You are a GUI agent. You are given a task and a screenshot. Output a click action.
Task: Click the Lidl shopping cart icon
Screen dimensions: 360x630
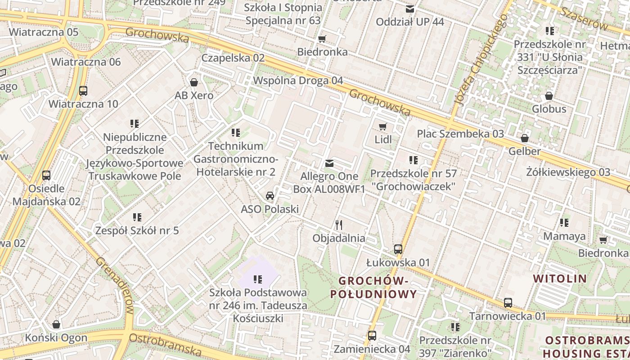[383, 127]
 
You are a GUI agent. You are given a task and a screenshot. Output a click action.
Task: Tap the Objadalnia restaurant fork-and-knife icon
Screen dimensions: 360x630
[339, 225]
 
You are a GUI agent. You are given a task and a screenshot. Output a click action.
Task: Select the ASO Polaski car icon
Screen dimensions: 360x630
[270, 196]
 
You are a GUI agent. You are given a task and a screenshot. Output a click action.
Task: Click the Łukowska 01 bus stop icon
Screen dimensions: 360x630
[398, 249]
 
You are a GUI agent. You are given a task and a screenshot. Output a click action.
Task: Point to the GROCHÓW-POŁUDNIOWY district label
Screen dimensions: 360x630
[373, 288]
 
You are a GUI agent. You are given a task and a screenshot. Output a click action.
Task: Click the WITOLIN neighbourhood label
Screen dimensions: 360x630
[560, 279]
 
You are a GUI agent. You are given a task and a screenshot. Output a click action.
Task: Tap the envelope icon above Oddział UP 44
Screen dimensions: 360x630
[409, 9]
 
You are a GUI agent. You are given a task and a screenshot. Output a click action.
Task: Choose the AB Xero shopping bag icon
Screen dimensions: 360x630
[194, 82]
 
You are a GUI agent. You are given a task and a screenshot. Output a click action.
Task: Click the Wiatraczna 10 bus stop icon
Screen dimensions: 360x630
[83, 90]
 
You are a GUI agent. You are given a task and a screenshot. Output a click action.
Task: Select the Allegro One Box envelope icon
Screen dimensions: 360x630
[329, 163]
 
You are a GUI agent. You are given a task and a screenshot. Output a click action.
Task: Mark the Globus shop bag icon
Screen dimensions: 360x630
[549, 96]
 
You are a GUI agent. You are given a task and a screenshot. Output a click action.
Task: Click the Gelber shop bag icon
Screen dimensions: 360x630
[524, 138]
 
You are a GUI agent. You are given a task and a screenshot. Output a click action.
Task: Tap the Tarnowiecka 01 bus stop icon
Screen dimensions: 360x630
[508, 303]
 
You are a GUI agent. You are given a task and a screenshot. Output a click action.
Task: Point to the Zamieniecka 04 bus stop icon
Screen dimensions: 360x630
[372, 335]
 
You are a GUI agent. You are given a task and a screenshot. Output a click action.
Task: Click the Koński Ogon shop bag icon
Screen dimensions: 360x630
[56, 324]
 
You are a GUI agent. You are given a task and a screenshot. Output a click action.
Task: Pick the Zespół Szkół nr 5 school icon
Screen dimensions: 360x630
[137, 217]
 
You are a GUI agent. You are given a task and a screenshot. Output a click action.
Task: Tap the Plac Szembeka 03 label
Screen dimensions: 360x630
[460, 134]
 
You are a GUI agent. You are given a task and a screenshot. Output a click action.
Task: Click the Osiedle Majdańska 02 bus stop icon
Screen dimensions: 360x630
[46, 175]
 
